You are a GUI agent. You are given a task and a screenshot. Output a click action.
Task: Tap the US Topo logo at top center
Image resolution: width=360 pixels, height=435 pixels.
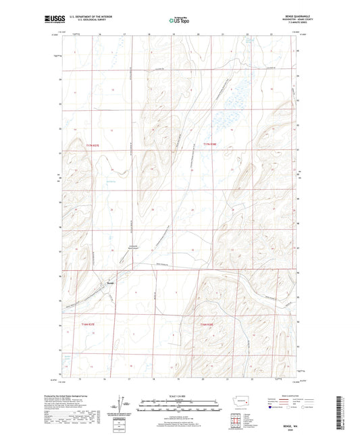pos(179,21)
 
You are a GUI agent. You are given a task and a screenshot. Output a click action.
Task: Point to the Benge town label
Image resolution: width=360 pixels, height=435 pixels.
pos(110,283)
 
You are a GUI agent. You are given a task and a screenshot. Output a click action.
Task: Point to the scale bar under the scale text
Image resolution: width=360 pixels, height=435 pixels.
pos(179,407)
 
